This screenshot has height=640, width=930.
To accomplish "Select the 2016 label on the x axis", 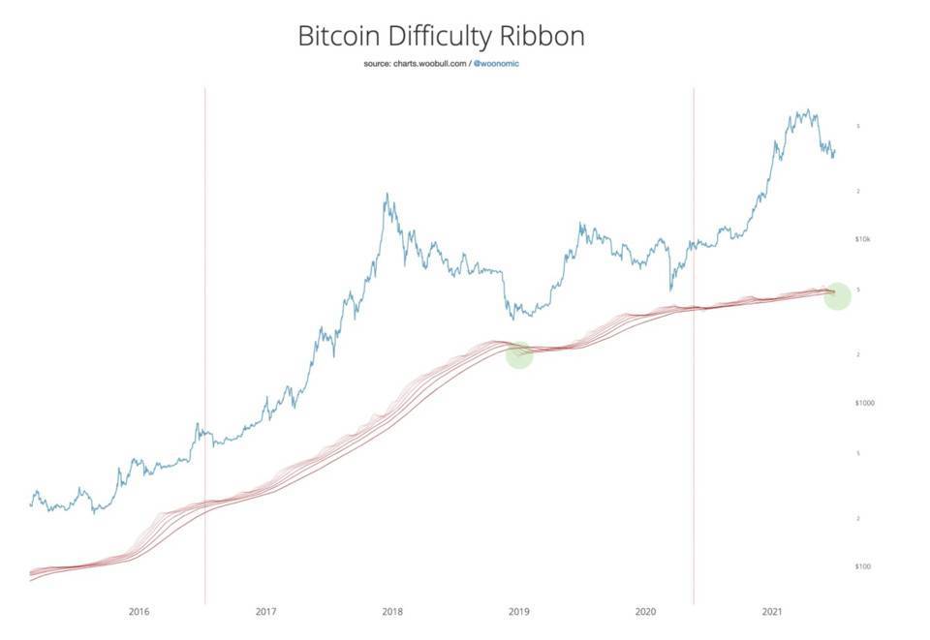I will pos(139,612).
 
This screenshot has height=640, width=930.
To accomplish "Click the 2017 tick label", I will pos(265,612).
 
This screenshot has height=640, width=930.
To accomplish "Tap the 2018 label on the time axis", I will pos(392,612).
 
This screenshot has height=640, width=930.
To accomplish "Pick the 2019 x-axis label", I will pos(519,612).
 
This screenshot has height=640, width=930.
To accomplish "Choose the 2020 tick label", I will pos(646,612).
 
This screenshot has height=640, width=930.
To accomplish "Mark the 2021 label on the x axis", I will pos(772,612).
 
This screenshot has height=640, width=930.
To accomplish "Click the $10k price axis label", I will pos(864,238).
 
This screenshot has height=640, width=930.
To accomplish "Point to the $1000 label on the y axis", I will pos(864,402).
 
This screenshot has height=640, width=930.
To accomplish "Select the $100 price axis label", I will pos(862,565).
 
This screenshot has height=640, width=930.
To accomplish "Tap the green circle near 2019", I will pos(519,354).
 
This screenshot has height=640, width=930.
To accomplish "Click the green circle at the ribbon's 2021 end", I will pos(837,296).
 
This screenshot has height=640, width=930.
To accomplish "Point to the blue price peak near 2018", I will pos(387,195).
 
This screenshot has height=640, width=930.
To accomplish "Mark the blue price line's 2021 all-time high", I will pos(804,110).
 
